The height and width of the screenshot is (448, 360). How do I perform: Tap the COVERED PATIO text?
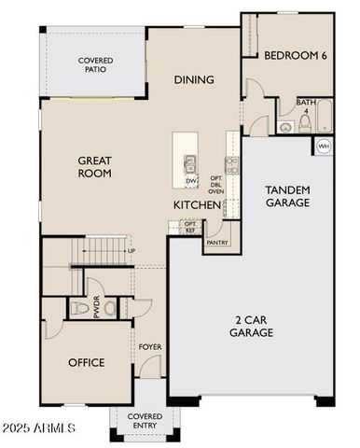tap(95, 65)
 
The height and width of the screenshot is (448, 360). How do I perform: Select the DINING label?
tap(194, 79)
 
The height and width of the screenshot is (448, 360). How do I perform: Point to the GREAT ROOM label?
tap(94, 166)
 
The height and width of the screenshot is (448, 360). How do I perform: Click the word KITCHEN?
tap(197, 204)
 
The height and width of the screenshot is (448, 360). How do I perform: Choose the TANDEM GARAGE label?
tap(287, 196)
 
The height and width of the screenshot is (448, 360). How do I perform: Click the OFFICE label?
tap(86, 363)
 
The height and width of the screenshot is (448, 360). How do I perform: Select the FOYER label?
tap(150, 347)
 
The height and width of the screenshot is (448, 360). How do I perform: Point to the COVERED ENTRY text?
tap(145, 421)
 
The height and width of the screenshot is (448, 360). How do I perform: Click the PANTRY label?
tap(216, 242)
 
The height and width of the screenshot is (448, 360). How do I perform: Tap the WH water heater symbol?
tap(323, 147)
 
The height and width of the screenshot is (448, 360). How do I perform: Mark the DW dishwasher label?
tap(190, 180)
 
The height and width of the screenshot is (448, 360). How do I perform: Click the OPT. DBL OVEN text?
tap(215, 184)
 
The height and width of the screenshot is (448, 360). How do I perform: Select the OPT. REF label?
tap(190, 227)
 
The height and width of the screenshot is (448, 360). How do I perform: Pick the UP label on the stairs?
tap(131, 251)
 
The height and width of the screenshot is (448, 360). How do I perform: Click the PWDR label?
tap(96, 308)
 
